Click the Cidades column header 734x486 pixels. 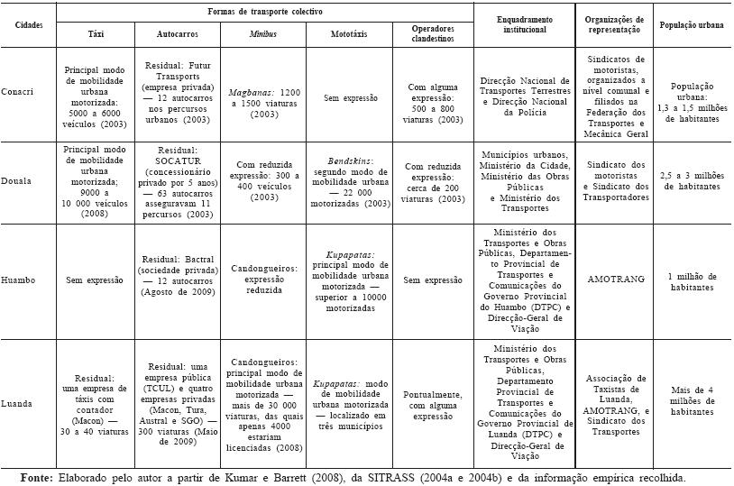pos(29,24)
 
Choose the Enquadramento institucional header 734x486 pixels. pos(525,24)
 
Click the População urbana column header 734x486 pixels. pos(694,24)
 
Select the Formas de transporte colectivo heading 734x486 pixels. pos(265,10)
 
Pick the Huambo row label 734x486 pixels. pos(30,280)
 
